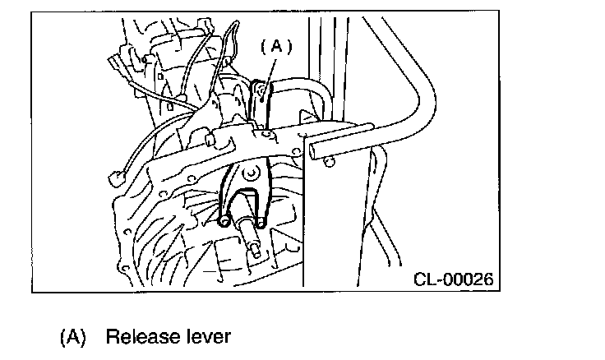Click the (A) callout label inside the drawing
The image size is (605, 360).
(x=276, y=48)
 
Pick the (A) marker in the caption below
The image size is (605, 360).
(x=73, y=336)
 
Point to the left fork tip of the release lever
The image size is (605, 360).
(x=225, y=220)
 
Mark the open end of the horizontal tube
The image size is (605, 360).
(x=316, y=149)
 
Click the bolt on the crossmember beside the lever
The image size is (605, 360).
(x=269, y=132)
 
